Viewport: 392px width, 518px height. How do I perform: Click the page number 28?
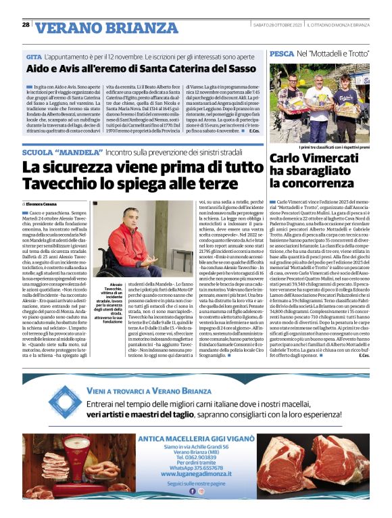26,24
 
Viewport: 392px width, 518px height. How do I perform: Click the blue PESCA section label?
281,53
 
